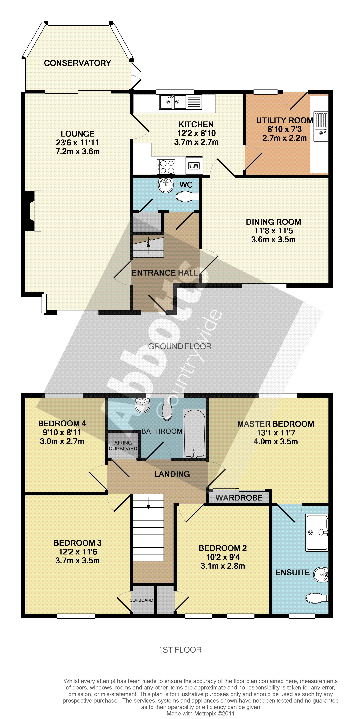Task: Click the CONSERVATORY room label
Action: click(x=77, y=63)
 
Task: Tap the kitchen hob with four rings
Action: click(x=166, y=167)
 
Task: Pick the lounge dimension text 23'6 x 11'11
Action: click(x=77, y=143)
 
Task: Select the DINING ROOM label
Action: click(x=273, y=222)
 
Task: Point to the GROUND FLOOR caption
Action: click(x=180, y=346)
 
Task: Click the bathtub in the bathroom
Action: click(x=194, y=433)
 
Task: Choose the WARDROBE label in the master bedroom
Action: click(x=239, y=498)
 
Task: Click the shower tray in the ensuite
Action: click(x=317, y=532)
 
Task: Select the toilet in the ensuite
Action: click(x=317, y=598)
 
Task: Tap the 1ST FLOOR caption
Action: click(x=180, y=650)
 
